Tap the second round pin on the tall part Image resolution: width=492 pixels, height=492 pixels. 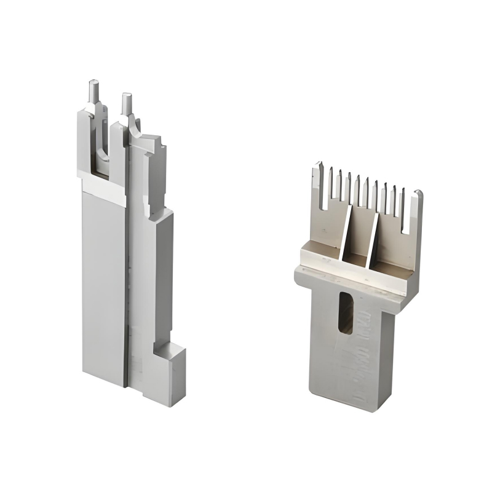[127, 103]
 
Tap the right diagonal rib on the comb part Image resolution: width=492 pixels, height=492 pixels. [373, 240]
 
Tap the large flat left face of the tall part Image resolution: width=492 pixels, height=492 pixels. [103, 283]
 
